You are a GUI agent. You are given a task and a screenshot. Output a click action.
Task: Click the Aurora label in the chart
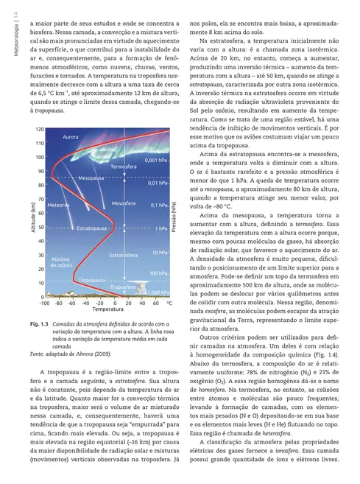pyautogui.click(x=71, y=137)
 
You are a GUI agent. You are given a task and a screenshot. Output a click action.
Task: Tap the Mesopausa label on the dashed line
pyautogui.click(x=91, y=178)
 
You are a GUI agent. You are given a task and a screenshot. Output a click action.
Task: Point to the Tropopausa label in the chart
pyautogui.click(x=92, y=281)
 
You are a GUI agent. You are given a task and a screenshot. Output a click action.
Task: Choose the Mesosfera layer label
pyautogui.click(x=124, y=203)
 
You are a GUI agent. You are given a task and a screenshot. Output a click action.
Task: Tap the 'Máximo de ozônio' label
pyautogui.click(x=60, y=262)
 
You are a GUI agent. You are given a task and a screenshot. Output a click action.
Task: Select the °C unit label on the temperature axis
pyautogui.click(x=169, y=303)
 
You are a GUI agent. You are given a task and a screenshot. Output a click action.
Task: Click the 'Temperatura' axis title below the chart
pyautogui.click(x=102, y=310)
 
